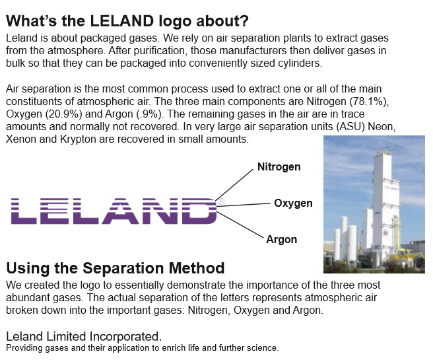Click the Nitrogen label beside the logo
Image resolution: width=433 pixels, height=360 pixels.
pos(279,167)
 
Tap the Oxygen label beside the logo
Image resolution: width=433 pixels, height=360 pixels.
pos(293,203)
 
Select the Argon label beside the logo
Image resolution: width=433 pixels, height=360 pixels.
pos(281,240)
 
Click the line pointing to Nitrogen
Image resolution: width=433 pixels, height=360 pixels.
pos(234,185)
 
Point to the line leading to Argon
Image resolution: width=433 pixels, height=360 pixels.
pos(240,225)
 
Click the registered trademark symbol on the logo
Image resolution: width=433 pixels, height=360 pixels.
pos(221,201)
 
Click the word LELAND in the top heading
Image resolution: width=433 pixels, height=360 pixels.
pos(121,21)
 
